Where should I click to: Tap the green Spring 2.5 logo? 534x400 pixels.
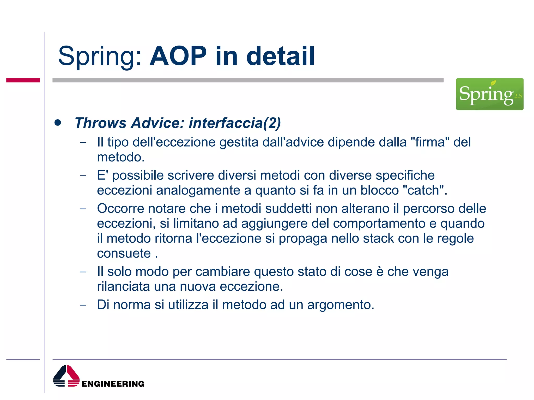click(489, 94)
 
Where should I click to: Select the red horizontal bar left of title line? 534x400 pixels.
click(23, 80)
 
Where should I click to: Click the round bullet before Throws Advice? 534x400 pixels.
click(58, 123)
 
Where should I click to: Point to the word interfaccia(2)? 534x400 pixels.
click(235, 123)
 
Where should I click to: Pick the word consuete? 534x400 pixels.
click(124, 253)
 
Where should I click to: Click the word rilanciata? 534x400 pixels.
click(123, 286)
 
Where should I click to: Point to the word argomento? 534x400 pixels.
click(340, 305)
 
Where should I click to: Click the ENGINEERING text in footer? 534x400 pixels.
click(113, 384)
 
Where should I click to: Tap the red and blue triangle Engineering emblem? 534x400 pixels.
click(66, 376)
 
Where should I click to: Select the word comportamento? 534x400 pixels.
click(379, 223)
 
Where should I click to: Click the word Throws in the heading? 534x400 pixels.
click(100, 123)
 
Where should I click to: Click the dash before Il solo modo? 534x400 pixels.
click(83, 272)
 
